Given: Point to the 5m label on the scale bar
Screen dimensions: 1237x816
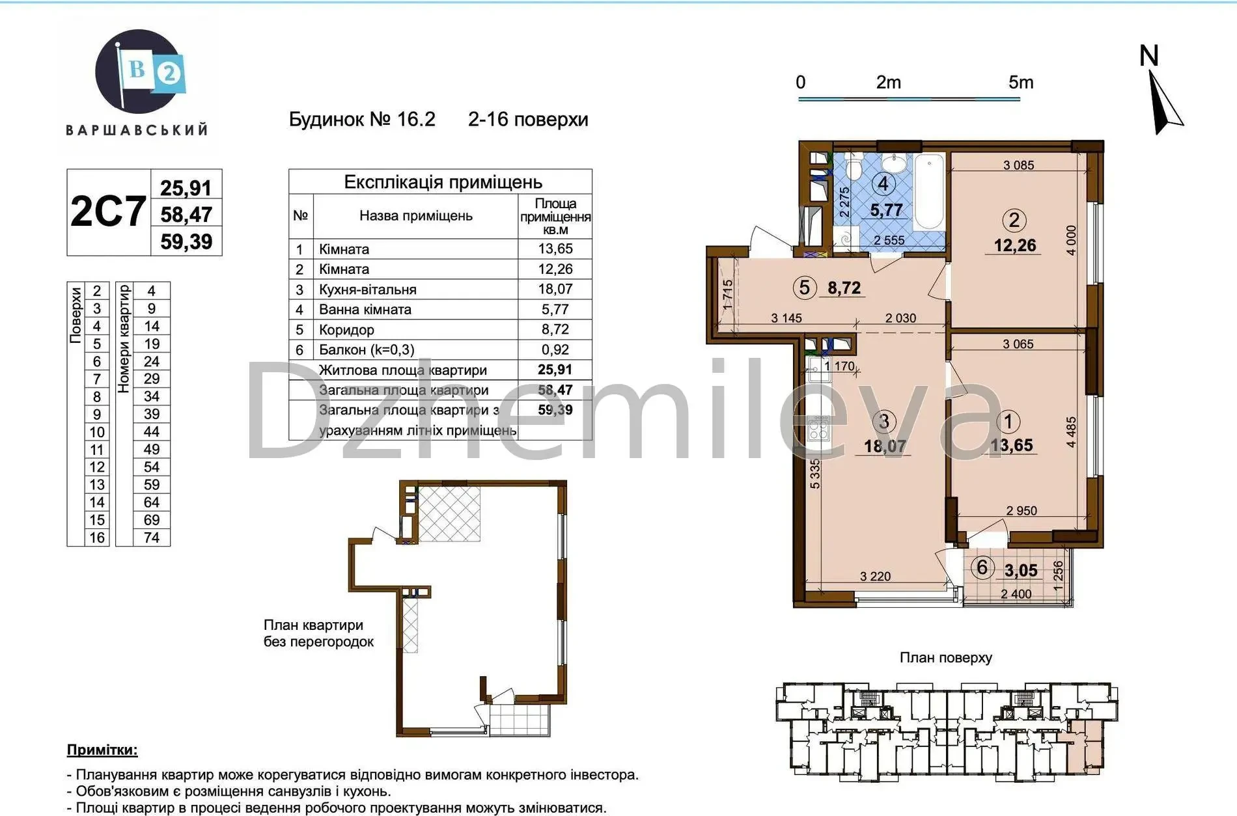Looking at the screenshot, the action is pyautogui.click(x=1021, y=83).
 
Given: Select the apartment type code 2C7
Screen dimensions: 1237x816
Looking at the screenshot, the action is pyautogui.click(x=108, y=211).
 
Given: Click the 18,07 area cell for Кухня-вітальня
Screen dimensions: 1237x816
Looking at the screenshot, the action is pyautogui.click(x=555, y=289).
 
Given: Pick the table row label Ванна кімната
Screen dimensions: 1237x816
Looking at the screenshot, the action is pyautogui.click(x=365, y=310).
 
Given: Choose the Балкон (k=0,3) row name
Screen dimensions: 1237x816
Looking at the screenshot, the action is pyautogui.click(x=367, y=350).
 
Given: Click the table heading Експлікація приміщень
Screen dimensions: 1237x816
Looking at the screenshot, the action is pyautogui.click(x=443, y=182).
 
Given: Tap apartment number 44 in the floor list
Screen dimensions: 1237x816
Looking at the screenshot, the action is pyautogui.click(x=152, y=431).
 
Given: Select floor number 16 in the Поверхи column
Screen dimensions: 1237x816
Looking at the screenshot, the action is pyautogui.click(x=97, y=537).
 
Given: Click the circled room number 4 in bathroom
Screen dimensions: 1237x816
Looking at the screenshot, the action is pyautogui.click(x=883, y=184).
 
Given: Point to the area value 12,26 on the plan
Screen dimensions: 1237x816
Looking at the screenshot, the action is pyautogui.click(x=1014, y=245).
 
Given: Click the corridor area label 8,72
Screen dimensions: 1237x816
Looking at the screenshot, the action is pyautogui.click(x=844, y=288).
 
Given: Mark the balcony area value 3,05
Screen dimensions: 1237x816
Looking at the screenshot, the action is pyautogui.click(x=1021, y=571).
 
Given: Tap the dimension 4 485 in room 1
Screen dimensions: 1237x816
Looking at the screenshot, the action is pyautogui.click(x=1071, y=432).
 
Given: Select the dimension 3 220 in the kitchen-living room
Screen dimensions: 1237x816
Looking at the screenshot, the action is pyautogui.click(x=875, y=577).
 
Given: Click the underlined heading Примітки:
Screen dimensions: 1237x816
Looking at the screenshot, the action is pyautogui.click(x=102, y=750).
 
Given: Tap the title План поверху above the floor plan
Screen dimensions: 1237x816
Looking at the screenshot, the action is pyautogui.click(x=945, y=658).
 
